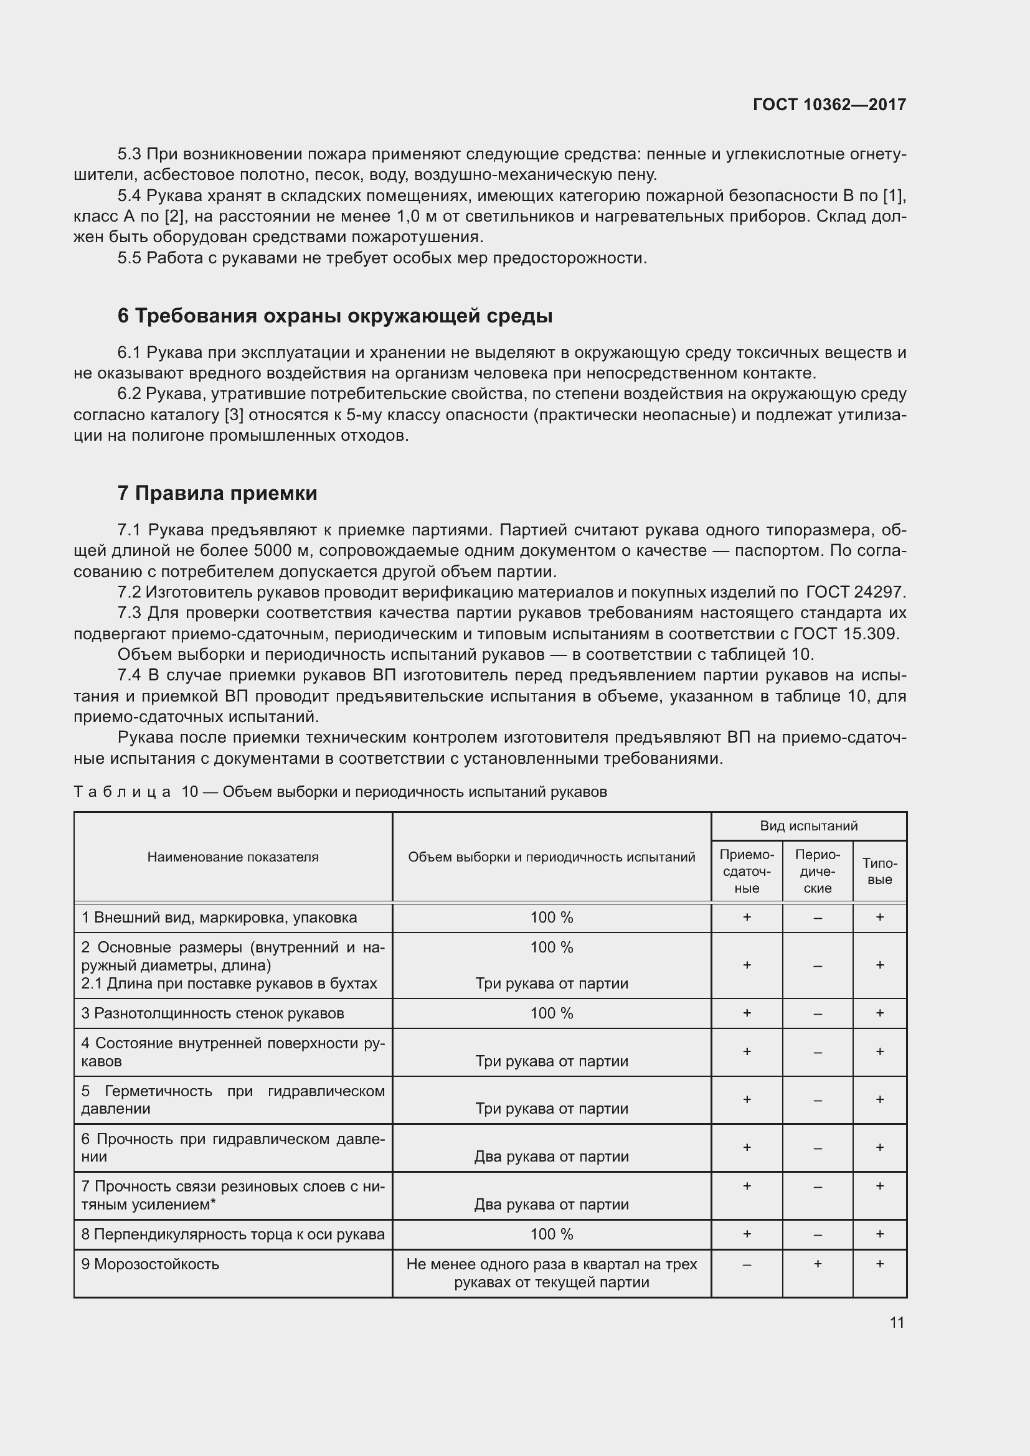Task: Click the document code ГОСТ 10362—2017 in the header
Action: (829, 105)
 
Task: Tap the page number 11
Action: (896, 1322)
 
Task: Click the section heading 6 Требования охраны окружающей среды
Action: (335, 316)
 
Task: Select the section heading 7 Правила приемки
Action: (217, 493)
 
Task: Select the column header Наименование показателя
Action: (233, 857)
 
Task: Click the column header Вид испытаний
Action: (809, 825)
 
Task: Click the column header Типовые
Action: (880, 871)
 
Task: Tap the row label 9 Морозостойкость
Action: (150, 1264)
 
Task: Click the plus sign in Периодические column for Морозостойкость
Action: (817, 1264)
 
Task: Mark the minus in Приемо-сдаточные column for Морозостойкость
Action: (747, 1264)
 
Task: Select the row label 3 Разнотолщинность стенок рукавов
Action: (212, 1013)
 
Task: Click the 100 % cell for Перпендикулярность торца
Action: (551, 1234)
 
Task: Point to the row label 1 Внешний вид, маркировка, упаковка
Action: (219, 918)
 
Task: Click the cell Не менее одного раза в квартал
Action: (551, 1274)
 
